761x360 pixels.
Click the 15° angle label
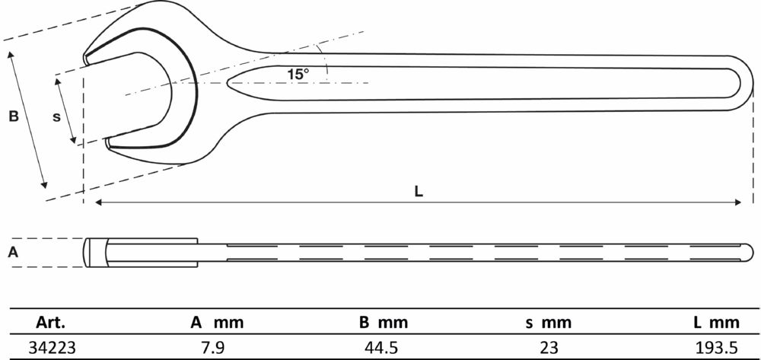coord(298,75)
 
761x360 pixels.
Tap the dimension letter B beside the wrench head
coord(14,116)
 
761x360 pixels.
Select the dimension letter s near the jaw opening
coord(57,117)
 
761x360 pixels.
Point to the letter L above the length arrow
coord(419,191)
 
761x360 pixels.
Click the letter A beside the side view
coord(14,252)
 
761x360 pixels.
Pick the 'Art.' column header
coord(50,323)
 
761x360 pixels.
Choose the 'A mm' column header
coord(216,323)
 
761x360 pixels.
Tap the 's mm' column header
coord(549,323)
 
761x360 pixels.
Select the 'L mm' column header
coord(716,323)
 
